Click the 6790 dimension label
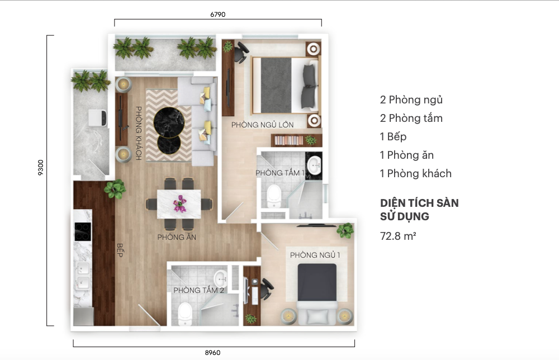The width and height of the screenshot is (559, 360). [217, 15]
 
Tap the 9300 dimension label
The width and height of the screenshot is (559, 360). [41, 168]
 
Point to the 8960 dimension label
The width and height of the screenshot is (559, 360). [212, 353]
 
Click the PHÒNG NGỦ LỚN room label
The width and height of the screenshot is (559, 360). [262, 125]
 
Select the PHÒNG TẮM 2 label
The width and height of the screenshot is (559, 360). [198, 290]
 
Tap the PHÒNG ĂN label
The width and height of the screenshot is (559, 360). [177, 236]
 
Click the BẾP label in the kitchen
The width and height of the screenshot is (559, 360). [120, 250]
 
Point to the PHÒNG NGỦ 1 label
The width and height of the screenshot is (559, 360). [315, 255]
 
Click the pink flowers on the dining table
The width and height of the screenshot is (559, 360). [179, 203]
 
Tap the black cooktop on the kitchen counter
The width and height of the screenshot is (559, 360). [83, 231]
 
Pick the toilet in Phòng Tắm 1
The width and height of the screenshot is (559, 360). [274, 195]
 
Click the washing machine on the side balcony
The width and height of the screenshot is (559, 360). [97, 118]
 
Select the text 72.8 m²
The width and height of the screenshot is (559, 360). [398, 236]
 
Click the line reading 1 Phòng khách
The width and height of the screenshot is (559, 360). [416, 174]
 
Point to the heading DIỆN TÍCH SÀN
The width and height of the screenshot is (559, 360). [419, 203]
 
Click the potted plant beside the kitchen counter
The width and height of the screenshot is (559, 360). [115, 189]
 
